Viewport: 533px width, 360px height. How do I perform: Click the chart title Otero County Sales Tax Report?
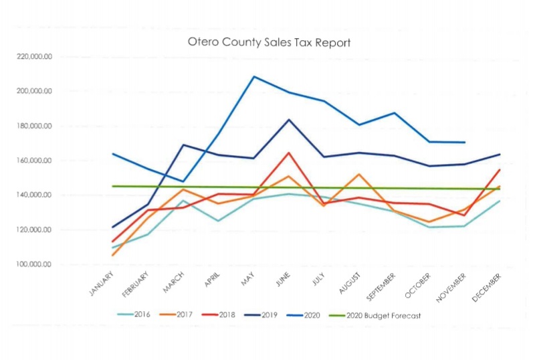270,42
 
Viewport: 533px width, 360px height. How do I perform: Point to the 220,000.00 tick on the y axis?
33,57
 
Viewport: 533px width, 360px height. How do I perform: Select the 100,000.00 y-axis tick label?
33,264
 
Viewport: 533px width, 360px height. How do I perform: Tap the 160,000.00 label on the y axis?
33,161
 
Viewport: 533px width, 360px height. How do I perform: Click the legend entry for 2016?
138,314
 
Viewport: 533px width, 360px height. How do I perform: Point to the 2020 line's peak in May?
254,76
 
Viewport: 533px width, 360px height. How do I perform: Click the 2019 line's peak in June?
289,120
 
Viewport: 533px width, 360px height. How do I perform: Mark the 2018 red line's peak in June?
289,153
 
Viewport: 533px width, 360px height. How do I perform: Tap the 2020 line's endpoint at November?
465,143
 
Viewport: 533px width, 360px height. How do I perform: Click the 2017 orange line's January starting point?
112,255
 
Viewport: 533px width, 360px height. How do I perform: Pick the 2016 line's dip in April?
218,221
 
